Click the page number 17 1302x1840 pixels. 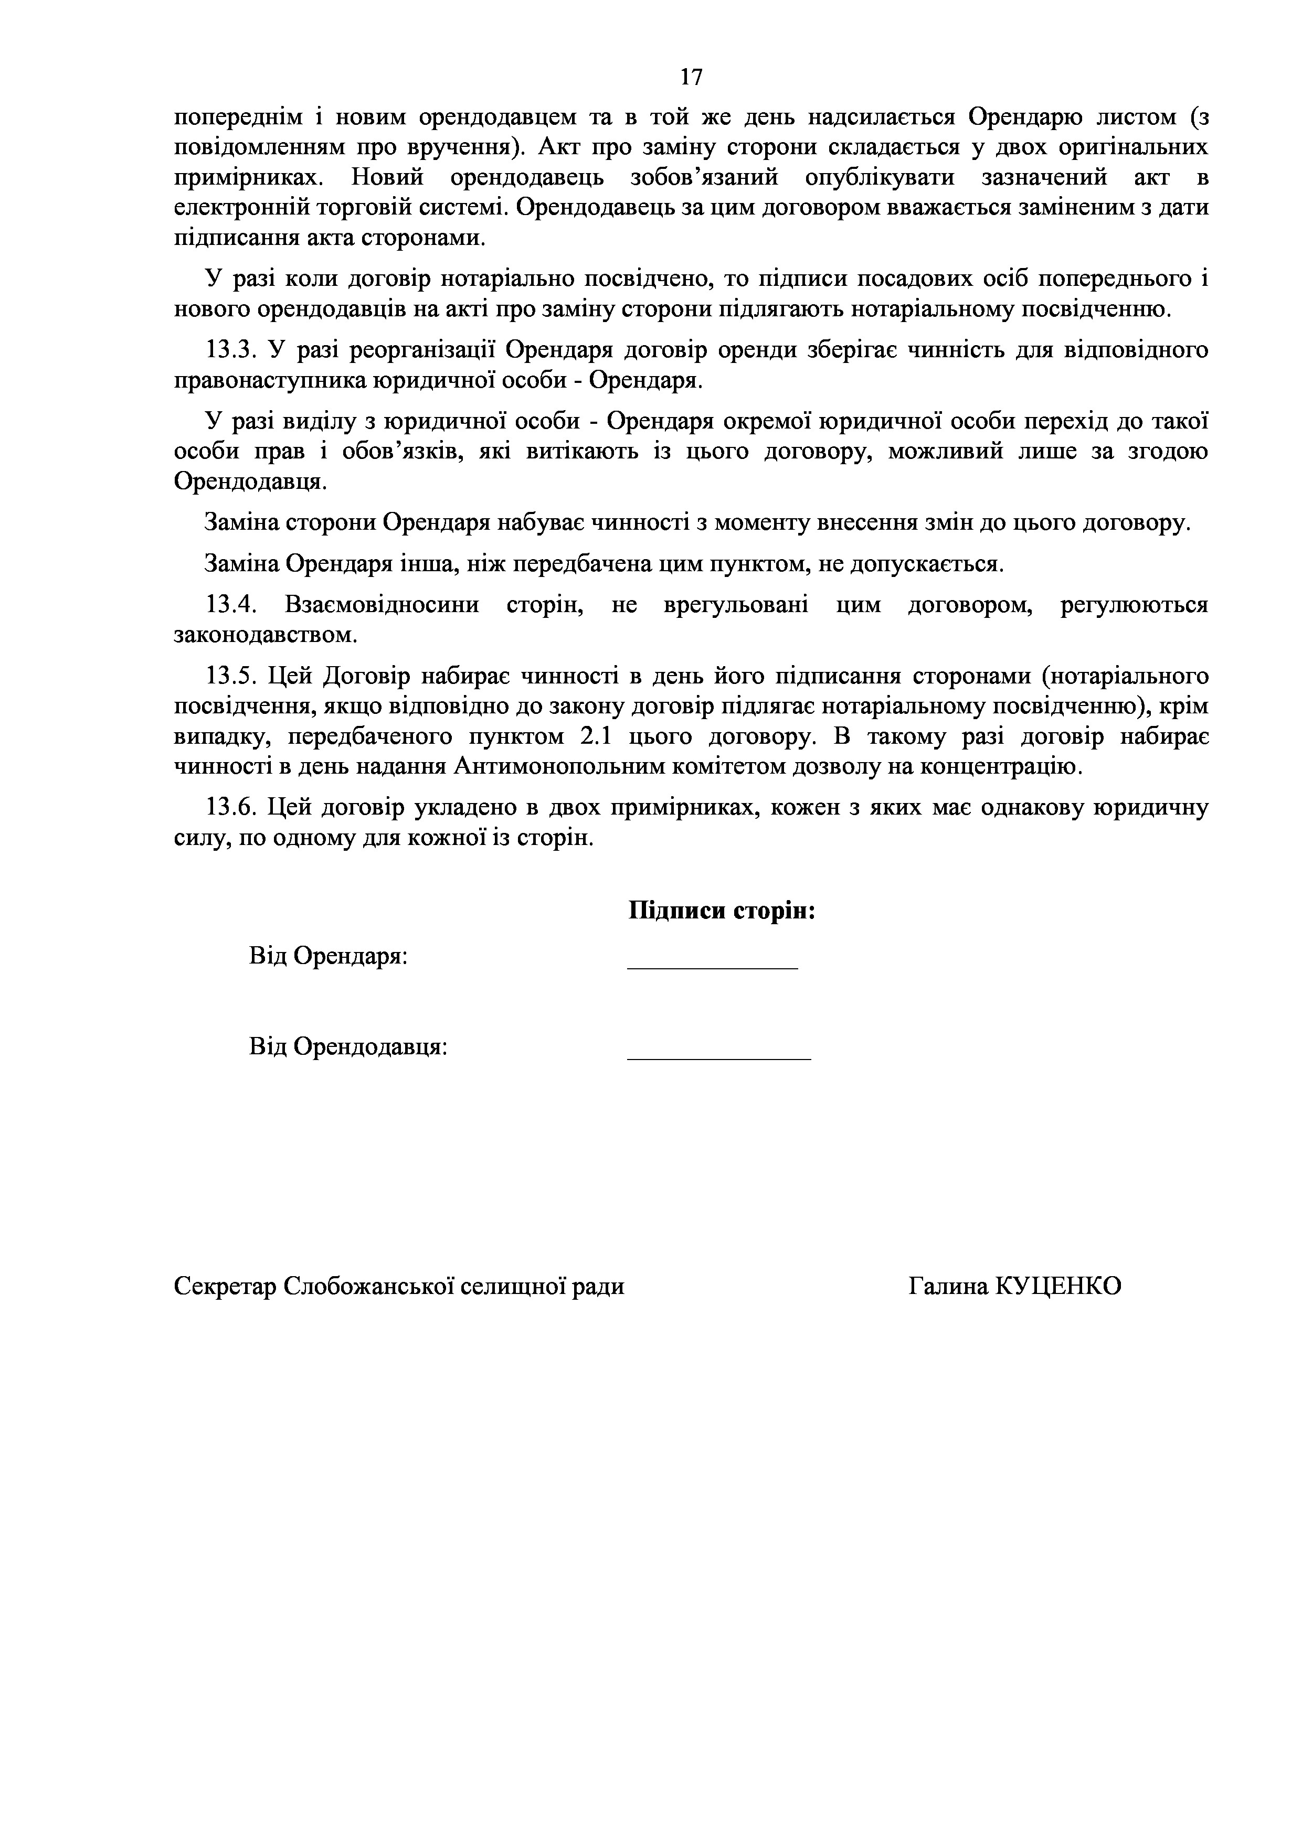(691, 77)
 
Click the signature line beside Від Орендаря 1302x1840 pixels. (712, 968)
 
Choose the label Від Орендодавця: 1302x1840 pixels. (348, 1046)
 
